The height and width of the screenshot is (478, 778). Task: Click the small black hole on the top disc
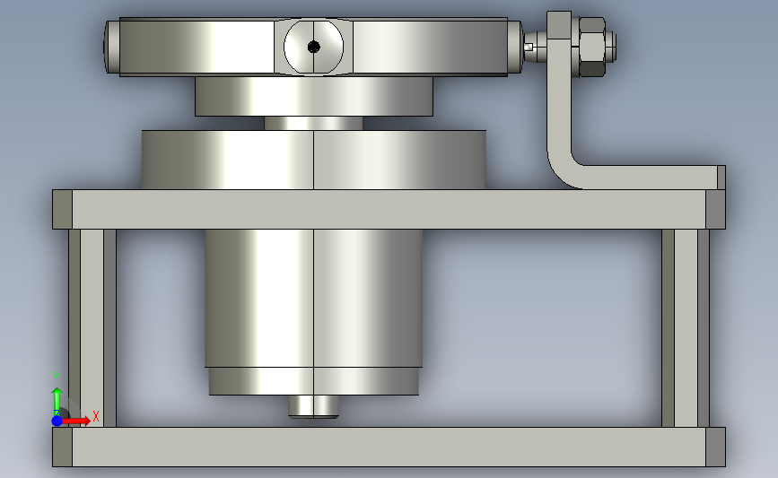pyautogui.click(x=313, y=47)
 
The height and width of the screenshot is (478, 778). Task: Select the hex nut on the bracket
pyautogui.click(x=593, y=48)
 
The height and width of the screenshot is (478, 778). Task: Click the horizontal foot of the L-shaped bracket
pyautogui.click(x=655, y=178)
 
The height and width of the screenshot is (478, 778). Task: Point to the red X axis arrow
pyautogui.click(x=78, y=420)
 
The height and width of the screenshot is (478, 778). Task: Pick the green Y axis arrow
pyautogui.click(x=57, y=398)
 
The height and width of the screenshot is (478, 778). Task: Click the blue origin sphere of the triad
pyautogui.click(x=57, y=420)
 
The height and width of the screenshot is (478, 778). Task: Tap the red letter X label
pyautogui.click(x=95, y=416)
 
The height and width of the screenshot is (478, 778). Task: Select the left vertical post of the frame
pyautogui.click(x=92, y=327)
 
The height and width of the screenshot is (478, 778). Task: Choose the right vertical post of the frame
pyautogui.click(x=686, y=327)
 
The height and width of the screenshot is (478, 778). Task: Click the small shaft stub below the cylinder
pyautogui.click(x=313, y=406)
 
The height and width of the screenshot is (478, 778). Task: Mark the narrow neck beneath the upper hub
pyautogui.click(x=313, y=123)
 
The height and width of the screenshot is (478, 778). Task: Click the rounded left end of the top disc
pyautogui.click(x=111, y=47)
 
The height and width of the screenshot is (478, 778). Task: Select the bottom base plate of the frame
pyautogui.click(x=389, y=447)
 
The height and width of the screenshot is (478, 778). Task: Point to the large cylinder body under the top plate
pyautogui.click(x=314, y=296)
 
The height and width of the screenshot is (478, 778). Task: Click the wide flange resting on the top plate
pyautogui.click(x=313, y=160)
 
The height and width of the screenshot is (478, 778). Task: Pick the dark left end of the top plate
pyautogui.click(x=62, y=209)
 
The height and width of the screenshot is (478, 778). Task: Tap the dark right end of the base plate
pyautogui.click(x=715, y=447)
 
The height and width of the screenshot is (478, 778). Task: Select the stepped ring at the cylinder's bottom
pyautogui.click(x=314, y=381)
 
